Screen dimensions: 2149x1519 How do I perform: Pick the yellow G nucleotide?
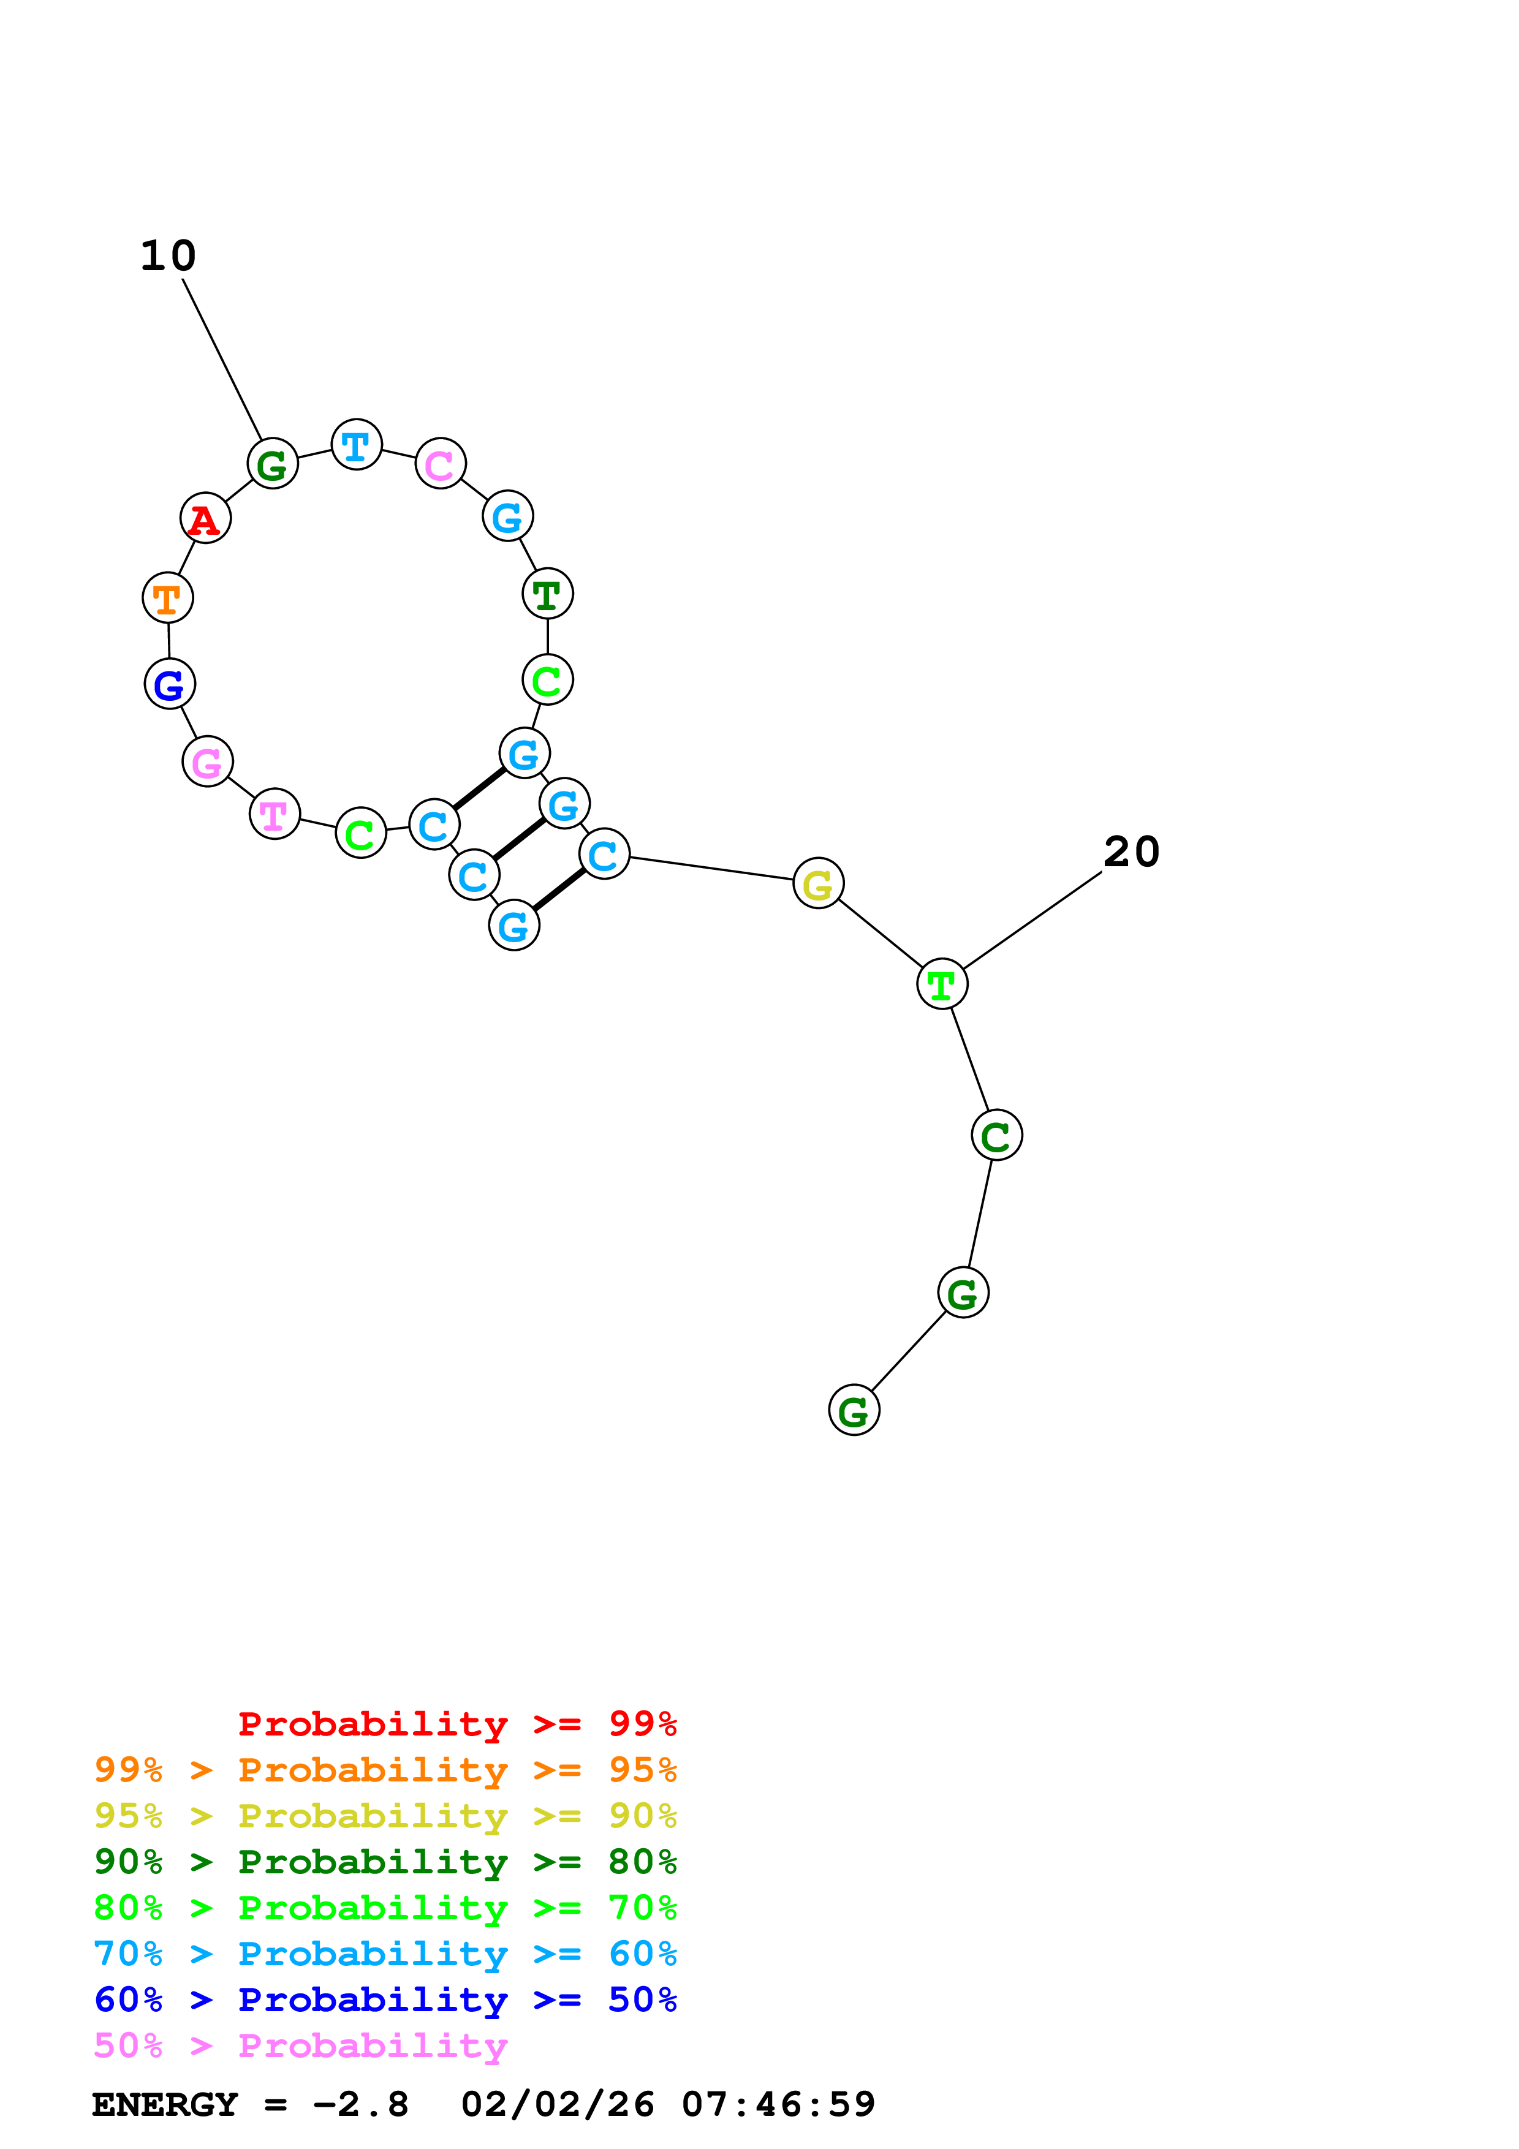pos(818,883)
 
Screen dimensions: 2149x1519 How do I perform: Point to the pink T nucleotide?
pos(275,815)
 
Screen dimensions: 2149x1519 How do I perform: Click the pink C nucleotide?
pos(440,464)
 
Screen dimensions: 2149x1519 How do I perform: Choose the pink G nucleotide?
pos(208,762)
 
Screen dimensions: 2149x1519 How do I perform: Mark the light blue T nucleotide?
pos(357,445)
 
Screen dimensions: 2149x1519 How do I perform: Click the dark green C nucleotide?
pos(996,1136)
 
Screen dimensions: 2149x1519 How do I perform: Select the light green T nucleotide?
pos(942,984)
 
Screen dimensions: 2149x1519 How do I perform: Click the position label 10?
pos(169,255)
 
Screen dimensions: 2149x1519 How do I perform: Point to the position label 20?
pos(1132,852)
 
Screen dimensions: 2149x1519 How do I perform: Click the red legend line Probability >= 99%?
pos(456,1724)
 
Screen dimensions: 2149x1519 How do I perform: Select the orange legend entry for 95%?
pos(385,1770)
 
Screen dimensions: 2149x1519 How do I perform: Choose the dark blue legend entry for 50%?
pos(385,2000)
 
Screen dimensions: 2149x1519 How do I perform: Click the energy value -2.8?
pos(360,2104)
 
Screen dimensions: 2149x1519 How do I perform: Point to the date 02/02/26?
pos(558,2104)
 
